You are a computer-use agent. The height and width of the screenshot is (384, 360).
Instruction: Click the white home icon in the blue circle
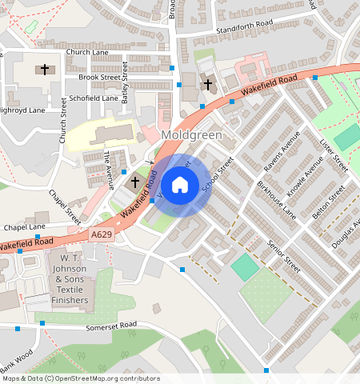coord(180,185)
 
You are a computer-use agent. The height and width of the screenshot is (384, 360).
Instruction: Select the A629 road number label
coord(102,234)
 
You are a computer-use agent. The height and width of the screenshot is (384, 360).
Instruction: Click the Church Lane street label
coord(87,52)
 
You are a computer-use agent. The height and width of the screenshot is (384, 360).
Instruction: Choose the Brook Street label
coord(99,78)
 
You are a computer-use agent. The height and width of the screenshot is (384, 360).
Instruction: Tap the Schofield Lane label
coord(94,98)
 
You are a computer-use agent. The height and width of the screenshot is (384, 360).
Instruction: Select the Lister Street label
coord(334,154)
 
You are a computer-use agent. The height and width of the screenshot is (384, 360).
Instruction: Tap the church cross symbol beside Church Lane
coord(45,70)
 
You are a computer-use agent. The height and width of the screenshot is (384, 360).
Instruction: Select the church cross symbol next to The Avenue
coord(135,182)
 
